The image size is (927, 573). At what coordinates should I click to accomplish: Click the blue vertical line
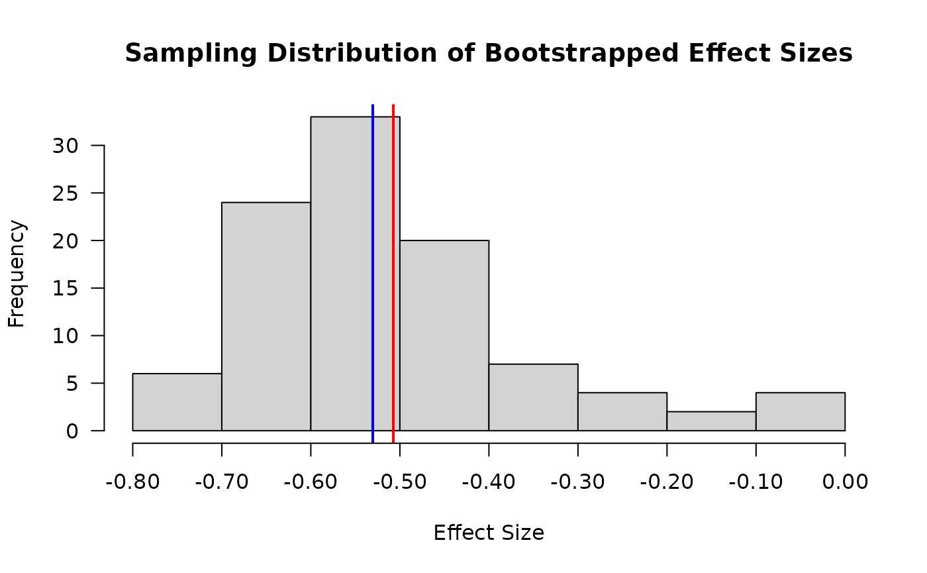[373, 265]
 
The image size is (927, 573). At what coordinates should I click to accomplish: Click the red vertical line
[393, 265]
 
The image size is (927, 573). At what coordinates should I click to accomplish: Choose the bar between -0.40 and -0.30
[533, 397]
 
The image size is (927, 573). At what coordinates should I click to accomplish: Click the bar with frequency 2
[711, 421]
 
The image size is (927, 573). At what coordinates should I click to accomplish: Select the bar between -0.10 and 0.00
[800, 411]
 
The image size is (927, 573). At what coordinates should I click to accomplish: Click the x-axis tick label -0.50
[400, 482]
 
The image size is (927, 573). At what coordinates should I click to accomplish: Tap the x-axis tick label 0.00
[845, 482]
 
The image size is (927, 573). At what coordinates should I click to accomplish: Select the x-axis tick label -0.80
[133, 482]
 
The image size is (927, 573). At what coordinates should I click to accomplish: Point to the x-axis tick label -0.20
[667, 482]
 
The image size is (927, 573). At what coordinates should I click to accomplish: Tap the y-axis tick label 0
[72, 431]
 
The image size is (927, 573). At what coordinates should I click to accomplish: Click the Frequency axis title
[17, 274]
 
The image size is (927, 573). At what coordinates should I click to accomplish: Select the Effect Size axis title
[489, 533]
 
